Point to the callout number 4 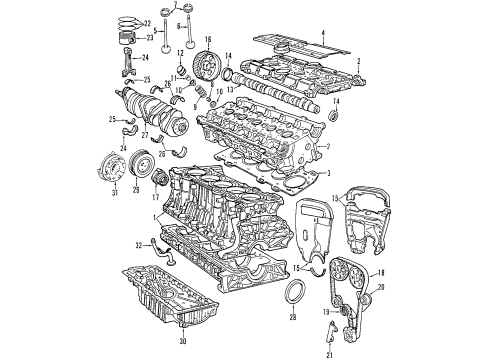[x=323, y=34]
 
